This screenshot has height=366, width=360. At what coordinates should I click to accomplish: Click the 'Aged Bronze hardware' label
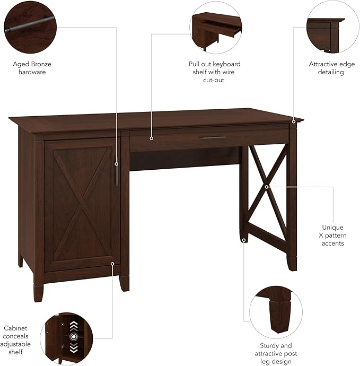[x=32, y=68]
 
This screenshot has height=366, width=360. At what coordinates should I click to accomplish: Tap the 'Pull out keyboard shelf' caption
[x=214, y=72]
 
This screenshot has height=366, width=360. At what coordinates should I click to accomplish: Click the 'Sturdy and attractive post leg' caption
[x=276, y=354]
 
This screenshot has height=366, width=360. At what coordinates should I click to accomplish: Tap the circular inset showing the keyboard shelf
[x=216, y=26]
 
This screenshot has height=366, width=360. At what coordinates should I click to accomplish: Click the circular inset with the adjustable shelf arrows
[x=67, y=338]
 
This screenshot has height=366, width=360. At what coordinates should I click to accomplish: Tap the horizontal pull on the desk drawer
[x=212, y=138]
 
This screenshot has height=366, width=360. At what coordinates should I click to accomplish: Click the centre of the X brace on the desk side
[x=267, y=186]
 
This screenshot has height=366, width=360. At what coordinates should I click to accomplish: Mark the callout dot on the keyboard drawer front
[x=152, y=138]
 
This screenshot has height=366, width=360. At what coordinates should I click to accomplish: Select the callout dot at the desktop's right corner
[x=293, y=121]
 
